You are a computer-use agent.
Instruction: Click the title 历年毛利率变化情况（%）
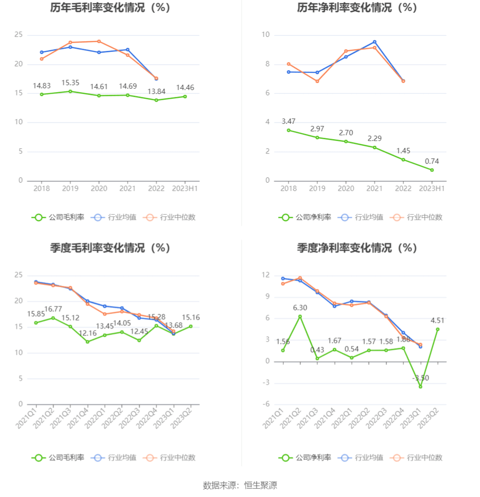[x=110, y=8]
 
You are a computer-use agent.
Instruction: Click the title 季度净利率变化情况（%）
[x=357, y=248]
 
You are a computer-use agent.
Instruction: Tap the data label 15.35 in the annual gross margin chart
[x=70, y=83]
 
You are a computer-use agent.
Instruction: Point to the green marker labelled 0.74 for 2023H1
[x=432, y=170]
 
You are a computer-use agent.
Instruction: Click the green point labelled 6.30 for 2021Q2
[x=300, y=316]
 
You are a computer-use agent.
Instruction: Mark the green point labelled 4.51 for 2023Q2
[x=437, y=329]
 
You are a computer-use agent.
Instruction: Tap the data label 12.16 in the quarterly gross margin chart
[x=87, y=333]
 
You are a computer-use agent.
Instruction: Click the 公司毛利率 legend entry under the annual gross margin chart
[x=58, y=217]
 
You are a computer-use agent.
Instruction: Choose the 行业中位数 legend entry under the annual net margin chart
[x=417, y=217]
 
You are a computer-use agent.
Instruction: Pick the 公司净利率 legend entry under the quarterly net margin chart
[x=305, y=458]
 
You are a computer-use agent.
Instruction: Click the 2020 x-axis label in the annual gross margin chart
[x=99, y=189]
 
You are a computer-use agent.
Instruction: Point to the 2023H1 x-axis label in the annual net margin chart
[x=432, y=189]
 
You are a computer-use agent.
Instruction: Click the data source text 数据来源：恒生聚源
[x=240, y=485]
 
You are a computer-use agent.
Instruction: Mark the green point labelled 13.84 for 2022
[x=156, y=100]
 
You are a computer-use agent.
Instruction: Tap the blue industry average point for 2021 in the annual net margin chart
[x=374, y=42]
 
